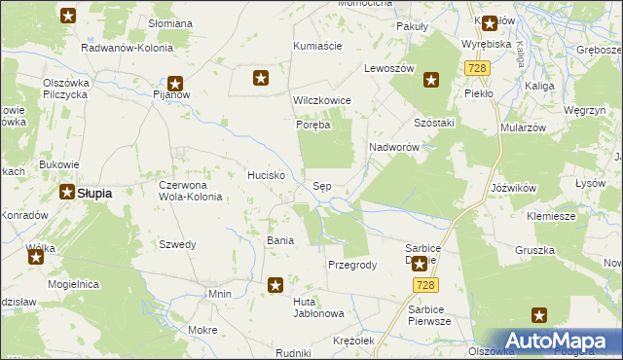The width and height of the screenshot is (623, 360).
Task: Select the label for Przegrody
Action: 352,265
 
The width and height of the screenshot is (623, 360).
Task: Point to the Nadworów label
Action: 393,147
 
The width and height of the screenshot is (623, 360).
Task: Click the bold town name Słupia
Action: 93,193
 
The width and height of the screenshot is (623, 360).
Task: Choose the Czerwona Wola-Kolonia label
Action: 191,190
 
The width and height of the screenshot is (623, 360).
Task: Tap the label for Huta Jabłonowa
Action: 319,307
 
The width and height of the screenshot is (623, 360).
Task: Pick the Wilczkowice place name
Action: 321,100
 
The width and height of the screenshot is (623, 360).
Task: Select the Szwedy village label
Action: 178,244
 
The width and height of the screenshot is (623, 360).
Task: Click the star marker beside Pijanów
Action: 176,84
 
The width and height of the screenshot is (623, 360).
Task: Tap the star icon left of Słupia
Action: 67,192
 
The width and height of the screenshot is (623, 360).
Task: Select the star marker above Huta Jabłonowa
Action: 276,285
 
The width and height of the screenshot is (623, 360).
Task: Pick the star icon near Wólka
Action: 36,257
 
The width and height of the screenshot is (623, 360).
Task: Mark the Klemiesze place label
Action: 551,216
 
